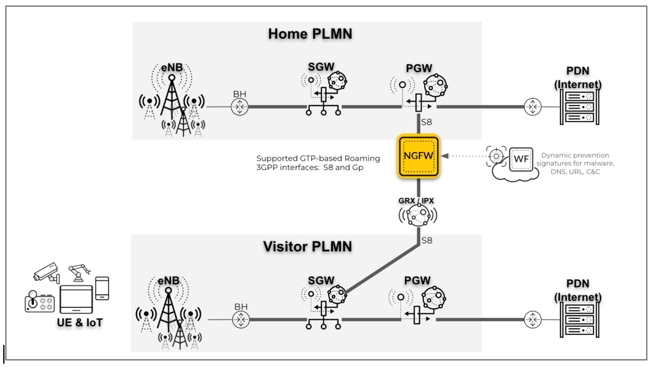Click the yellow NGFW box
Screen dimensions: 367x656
[x=418, y=156]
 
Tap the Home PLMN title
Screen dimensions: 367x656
[x=310, y=34]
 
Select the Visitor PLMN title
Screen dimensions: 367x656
[x=307, y=246]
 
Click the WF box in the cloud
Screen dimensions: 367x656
[x=521, y=159]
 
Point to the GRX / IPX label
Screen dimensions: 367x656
[x=416, y=201]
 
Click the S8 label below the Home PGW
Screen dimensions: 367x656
[x=426, y=122]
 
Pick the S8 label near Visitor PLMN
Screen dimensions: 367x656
[x=427, y=240]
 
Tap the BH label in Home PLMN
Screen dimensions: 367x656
[x=239, y=94]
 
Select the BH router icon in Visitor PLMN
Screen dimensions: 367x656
[x=241, y=320]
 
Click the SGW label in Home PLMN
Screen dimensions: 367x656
[x=321, y=67]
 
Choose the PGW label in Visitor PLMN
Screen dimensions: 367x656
[x=417, y=281]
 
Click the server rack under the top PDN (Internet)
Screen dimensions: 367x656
[x=579, y=107]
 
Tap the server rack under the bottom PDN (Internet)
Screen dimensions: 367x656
[x=579, y=320]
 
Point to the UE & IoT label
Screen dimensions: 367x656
[x=80, y=323]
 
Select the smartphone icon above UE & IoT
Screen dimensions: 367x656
[x=102, y=288]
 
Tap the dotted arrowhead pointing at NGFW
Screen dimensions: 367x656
[x=445, y=156]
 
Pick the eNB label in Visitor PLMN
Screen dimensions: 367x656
[x=168, y=281]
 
